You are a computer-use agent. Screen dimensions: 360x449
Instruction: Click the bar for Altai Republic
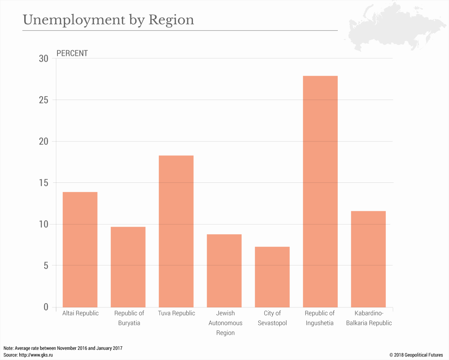pos(80,249)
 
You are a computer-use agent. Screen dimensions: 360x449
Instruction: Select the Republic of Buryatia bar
pos(128,267)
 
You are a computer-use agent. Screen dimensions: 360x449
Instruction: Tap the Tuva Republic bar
pos(176,231)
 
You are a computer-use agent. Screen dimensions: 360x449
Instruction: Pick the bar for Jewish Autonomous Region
pos(224,271)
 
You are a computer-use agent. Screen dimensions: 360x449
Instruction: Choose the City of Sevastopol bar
pos(272,277)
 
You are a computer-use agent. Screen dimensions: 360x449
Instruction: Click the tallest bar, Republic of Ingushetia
pos(320,192)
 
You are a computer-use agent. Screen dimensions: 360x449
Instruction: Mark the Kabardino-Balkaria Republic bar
pos(368,259)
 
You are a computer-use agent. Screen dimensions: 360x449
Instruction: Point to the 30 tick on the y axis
pos(44,59)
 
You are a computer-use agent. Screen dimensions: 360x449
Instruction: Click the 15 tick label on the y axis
pos(44,183)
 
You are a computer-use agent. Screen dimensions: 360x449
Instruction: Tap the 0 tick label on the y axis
pos(46,307)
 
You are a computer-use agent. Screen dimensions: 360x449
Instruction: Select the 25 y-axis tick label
pos(44,100)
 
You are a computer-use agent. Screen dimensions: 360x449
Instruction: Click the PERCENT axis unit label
pos(72,53)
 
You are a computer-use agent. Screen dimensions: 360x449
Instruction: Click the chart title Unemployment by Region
pos(108,20)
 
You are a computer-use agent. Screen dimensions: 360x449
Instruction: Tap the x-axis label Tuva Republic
pos(176,313)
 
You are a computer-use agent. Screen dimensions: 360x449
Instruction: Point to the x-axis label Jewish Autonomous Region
pos(225,323)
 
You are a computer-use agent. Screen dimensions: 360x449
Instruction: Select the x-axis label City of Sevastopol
pos(272,318)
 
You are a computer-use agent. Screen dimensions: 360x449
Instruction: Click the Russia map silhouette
pos(393,26)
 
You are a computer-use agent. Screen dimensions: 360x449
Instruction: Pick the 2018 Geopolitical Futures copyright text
pos(416,355)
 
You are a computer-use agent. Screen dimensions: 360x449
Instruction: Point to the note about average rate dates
pos(63,348)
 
